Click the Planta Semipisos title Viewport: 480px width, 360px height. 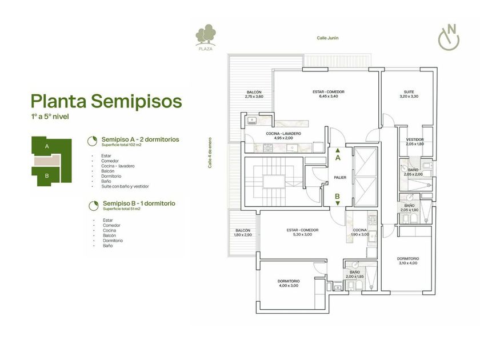[x=106, y=101]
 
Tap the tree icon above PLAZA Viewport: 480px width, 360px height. [x=205, y=34]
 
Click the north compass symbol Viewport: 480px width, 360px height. [x=449, y=37]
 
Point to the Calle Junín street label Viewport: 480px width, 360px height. [x=327, y=38]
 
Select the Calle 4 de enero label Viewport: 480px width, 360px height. [x=210, y=153]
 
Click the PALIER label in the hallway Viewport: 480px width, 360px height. [x=340, y=178]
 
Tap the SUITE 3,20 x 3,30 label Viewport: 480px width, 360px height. [x=409, y=94]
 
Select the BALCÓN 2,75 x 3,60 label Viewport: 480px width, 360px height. [x=254, y=94]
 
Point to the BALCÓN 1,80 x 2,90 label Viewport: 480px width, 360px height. [x=243, y=233]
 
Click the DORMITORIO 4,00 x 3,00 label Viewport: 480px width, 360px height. [x=289, y=283]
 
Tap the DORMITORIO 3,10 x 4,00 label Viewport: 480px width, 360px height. [x=408, y=261]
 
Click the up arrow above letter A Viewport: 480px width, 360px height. [x=338, y=150]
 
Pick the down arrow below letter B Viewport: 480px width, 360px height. [x=338, y=203]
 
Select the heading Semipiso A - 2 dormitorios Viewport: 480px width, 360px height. [x=140, y=139]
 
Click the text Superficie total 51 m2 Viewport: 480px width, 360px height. [x=122, y=209]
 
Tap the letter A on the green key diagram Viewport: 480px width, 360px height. [x=47, y=146]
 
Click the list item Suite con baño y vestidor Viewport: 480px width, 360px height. [x=125, y=186]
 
